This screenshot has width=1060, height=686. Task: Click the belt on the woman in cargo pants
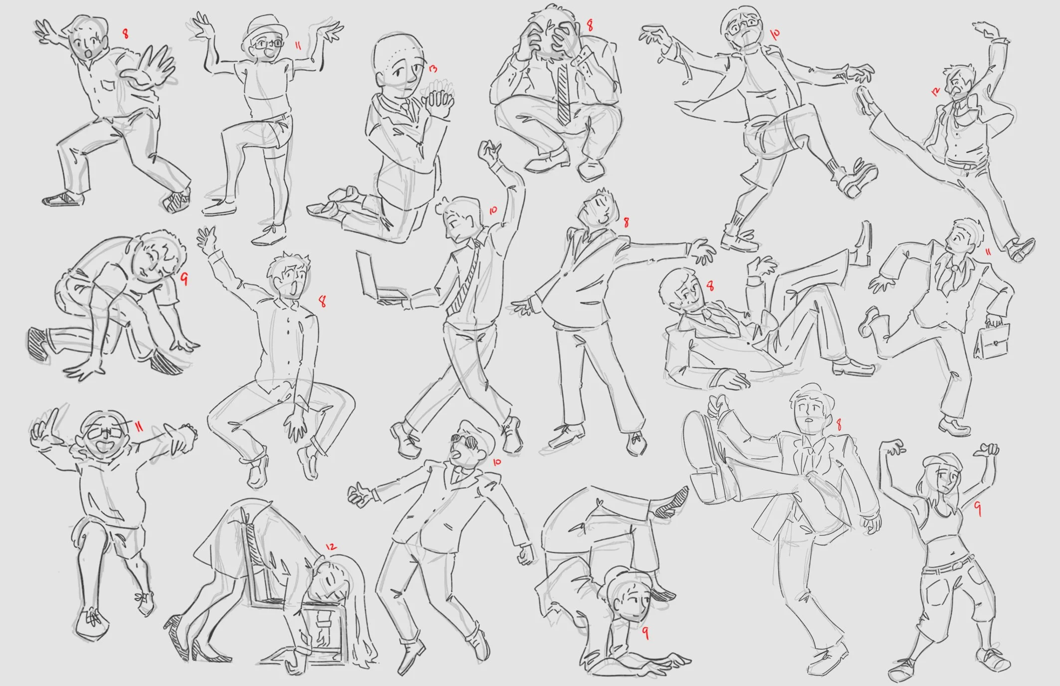click(948, 566)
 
